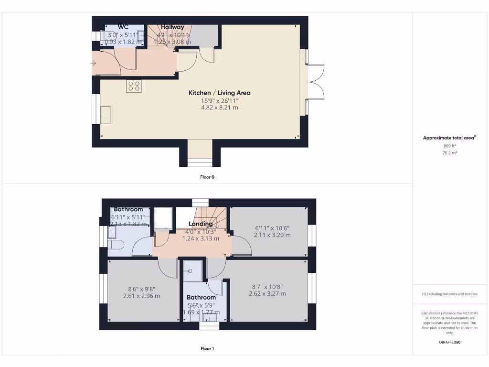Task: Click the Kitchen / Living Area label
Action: click(219, 93)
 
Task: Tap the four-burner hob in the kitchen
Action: click(134, 86)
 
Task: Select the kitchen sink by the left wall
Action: click(106, 115)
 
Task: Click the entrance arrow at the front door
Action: click(93, 63)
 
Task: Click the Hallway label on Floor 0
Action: click(172, 27)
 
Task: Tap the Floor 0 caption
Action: click(207, 177)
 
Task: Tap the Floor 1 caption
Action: click(207, 348)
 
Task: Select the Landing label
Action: click(201, 224)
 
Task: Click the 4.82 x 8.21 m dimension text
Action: click(219, 108)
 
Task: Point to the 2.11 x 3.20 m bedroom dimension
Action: click(272, 235)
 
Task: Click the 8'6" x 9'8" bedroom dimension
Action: click(141, 289)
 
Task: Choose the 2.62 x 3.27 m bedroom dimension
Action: click(267, 294)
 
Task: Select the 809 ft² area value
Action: click(449, 146)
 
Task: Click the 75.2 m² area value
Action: click(449, 153)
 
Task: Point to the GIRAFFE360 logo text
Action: click(449, 342)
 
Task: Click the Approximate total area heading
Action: click(449, 138)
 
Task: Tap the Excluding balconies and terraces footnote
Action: click(449, 294)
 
